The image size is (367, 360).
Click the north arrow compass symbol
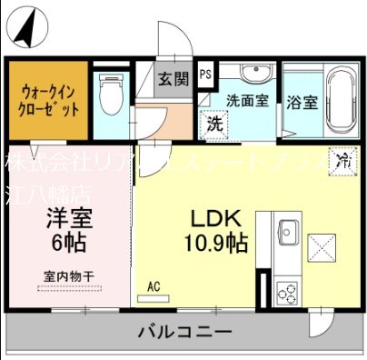pos(27,28)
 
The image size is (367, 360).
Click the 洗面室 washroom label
pos(246,101)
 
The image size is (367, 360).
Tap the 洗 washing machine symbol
pos(215,124)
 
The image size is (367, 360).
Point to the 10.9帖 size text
pos(214,243)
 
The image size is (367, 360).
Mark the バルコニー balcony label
pos(184,330)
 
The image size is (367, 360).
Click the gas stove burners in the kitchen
pos(288,293)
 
